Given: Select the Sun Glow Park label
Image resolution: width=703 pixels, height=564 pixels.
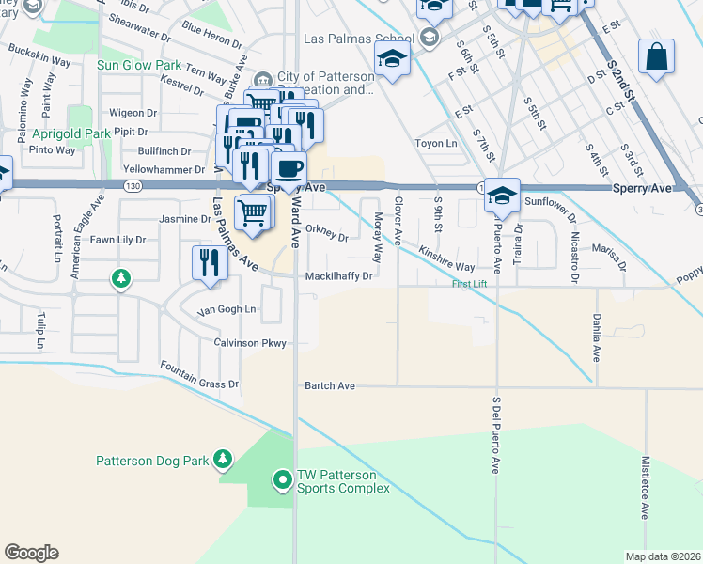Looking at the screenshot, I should coord(140,66).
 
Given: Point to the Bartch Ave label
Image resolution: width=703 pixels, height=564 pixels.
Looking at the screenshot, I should coord(330,386).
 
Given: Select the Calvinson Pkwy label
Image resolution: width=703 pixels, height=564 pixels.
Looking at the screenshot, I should coord(249,343).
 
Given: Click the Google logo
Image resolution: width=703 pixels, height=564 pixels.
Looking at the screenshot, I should coord(31,553).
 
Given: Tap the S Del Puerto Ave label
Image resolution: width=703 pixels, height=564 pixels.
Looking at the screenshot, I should coord(496,434).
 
